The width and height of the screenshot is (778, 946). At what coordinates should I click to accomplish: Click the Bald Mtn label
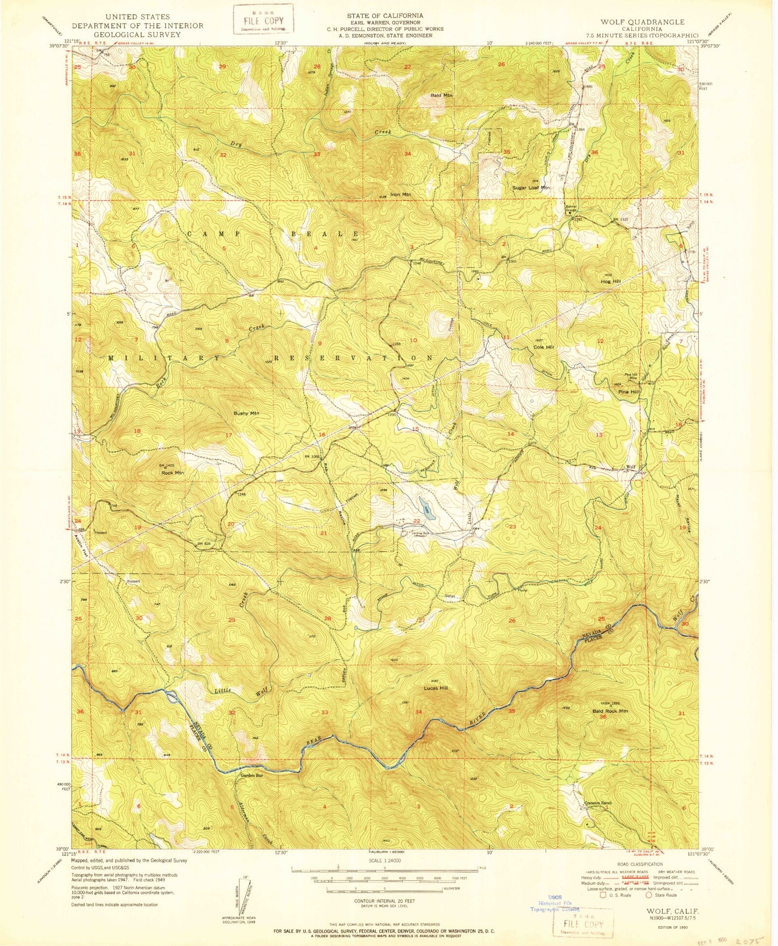(x=441, y=95)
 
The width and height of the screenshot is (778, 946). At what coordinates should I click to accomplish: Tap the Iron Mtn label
(x=400, y=194)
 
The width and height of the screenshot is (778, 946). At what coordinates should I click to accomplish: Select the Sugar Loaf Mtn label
(x=531, y=188)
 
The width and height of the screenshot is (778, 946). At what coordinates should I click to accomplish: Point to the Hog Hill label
(x=611, y=282)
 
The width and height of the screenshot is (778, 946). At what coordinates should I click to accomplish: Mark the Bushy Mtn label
(x=246, y=414)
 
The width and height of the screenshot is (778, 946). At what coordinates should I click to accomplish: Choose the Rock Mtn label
(x=172, y=473)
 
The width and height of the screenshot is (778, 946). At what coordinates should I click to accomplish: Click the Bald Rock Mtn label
(x=610, y=711)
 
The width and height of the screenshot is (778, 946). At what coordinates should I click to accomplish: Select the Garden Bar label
(x=251, y=776)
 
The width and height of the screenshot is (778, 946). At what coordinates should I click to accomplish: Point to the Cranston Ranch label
(x=598, y=803)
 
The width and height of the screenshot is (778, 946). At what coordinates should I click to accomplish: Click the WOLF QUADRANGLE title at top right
(x=643, y=22)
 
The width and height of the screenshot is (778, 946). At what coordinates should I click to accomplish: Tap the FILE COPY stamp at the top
(x=263, y=19)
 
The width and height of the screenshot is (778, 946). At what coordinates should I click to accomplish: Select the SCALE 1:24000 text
(x=384, y=860)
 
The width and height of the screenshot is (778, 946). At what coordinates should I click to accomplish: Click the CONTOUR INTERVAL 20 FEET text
(x=384, y=901)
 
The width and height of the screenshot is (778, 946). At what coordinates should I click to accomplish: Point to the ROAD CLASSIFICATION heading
(x=640, y=864)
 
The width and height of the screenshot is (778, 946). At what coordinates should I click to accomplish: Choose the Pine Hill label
(x=629, y=392)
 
